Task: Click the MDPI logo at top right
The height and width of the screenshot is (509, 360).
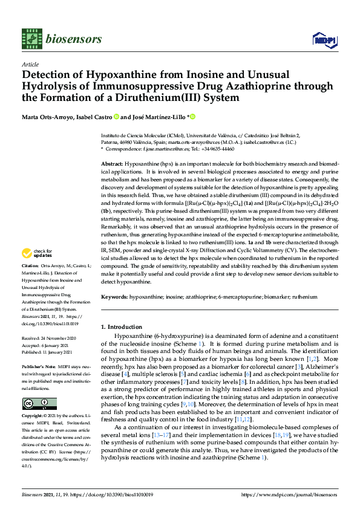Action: (x=320, y=40)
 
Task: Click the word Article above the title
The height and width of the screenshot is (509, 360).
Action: (x=30, y=64)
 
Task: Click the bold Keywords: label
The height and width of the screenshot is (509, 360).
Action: (x=114, y=297)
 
